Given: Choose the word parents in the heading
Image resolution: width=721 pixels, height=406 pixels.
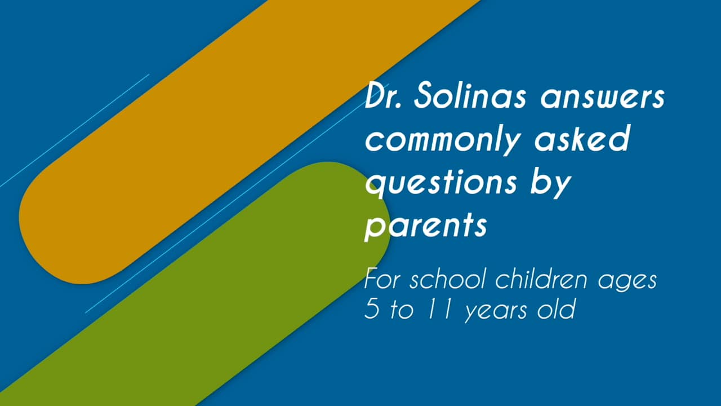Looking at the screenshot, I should (425, 226).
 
